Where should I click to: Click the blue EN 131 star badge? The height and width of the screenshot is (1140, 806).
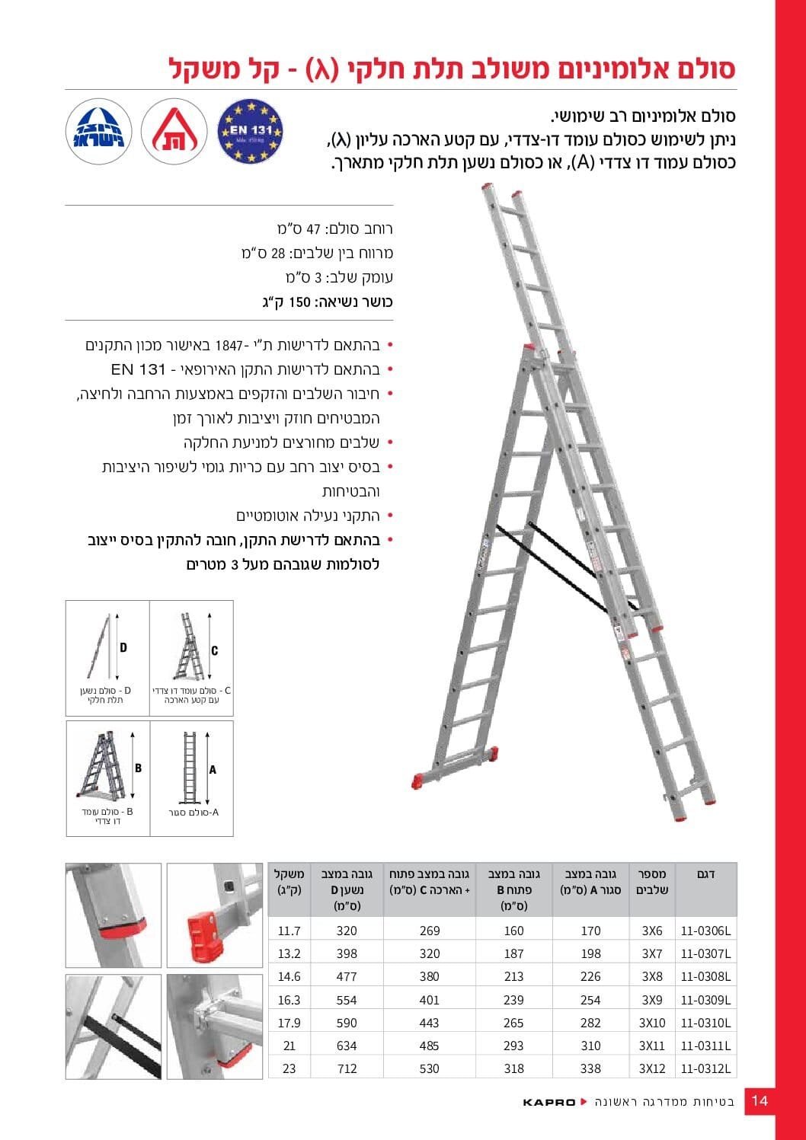(x=250, y=131)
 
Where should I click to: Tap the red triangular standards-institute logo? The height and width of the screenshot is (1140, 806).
(x=174, y=131)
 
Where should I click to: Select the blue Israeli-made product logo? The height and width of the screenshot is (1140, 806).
(x=99, y=131)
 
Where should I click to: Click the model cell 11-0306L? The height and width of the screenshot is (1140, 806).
(x=705, y=931)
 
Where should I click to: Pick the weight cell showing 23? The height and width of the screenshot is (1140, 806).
(x=289, y=1068)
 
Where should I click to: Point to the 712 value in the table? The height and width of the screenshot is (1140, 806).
(x=347, y=1068)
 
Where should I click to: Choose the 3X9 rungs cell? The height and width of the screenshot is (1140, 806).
(x=652, y=1000)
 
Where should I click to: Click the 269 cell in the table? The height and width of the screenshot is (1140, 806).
(x=430, y=931)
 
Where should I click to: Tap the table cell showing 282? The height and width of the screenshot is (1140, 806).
(x=590, y=1023)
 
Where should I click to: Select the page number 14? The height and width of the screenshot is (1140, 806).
(x=760, y=1100)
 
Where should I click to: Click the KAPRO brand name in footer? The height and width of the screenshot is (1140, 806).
(x=549, y=1102)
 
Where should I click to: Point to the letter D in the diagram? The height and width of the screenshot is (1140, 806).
(x=123, y=647)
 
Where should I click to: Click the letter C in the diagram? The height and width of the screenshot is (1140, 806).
(x=215, y=650)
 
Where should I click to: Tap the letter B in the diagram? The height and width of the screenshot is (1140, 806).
(x=138, y=768)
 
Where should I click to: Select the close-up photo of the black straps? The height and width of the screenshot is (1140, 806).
(x=114, y=1027)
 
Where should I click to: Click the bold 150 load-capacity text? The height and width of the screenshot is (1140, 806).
(x=300, y=302)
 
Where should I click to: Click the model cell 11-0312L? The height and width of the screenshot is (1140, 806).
(x=705, y=1068)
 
